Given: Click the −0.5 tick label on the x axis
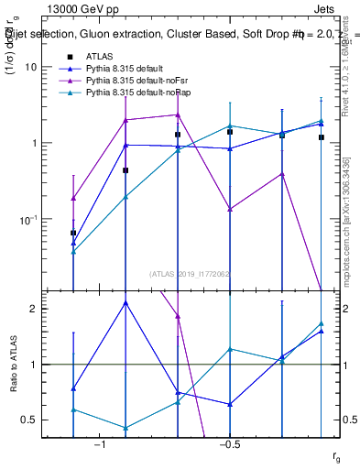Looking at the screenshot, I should [228, 444].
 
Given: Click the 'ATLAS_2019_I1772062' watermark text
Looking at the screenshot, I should [189, 273].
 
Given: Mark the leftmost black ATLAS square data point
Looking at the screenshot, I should [73, 234].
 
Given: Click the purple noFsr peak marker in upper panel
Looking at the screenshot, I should [178, 115].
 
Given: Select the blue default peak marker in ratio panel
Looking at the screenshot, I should [125, 302].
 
